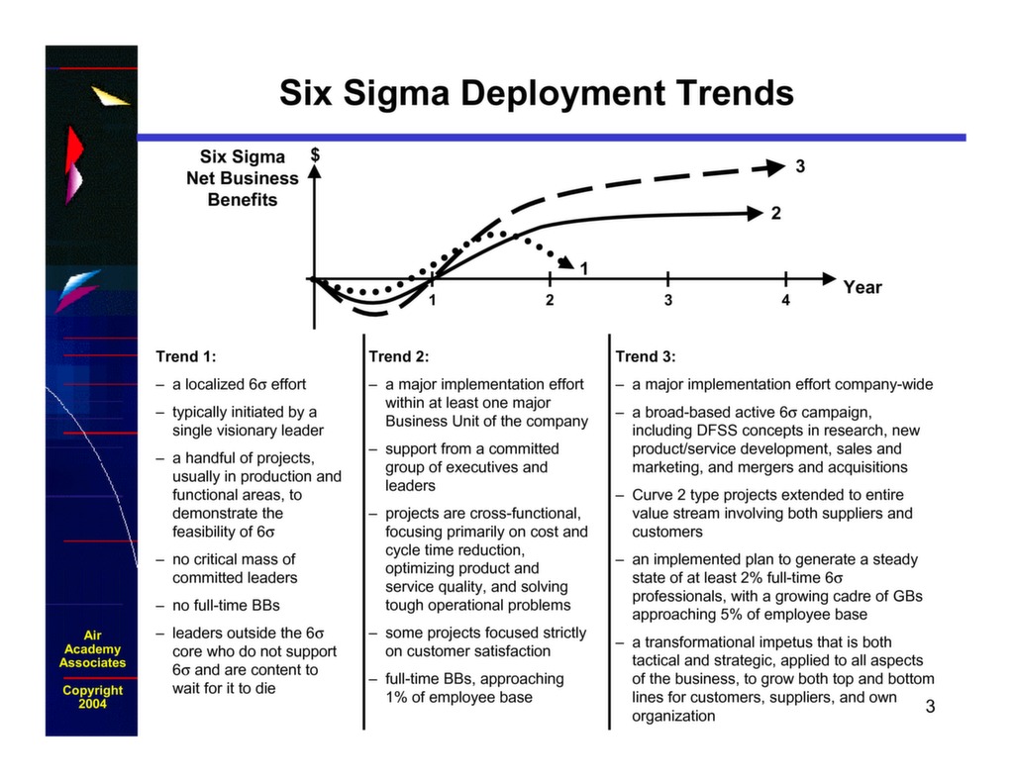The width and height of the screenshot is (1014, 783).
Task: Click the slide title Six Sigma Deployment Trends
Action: point(536,93)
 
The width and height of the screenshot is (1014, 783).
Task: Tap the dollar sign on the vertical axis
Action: point(315,154)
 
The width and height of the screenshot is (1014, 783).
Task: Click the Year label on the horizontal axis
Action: point(862,287)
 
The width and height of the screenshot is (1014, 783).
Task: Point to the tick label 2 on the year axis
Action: point(550,300)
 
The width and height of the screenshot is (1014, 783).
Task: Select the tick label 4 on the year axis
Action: point(785,300)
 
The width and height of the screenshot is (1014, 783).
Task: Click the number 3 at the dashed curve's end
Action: point(799,166)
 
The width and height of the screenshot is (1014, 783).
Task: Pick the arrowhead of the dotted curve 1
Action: point(566,261)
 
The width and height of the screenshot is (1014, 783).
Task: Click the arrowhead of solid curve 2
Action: point(758,212)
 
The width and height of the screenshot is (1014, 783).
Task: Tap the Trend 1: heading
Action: point(186,356)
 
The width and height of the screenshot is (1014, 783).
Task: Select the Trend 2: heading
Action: point(399,356)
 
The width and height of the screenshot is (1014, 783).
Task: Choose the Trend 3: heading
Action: point(646,356)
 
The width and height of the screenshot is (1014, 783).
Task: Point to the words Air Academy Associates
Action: point(92,649)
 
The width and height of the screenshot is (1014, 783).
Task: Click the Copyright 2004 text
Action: point(92,697)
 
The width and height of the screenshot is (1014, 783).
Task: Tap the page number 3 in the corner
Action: point(930,706)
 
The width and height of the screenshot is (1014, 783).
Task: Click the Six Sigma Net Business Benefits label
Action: point(243,178)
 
